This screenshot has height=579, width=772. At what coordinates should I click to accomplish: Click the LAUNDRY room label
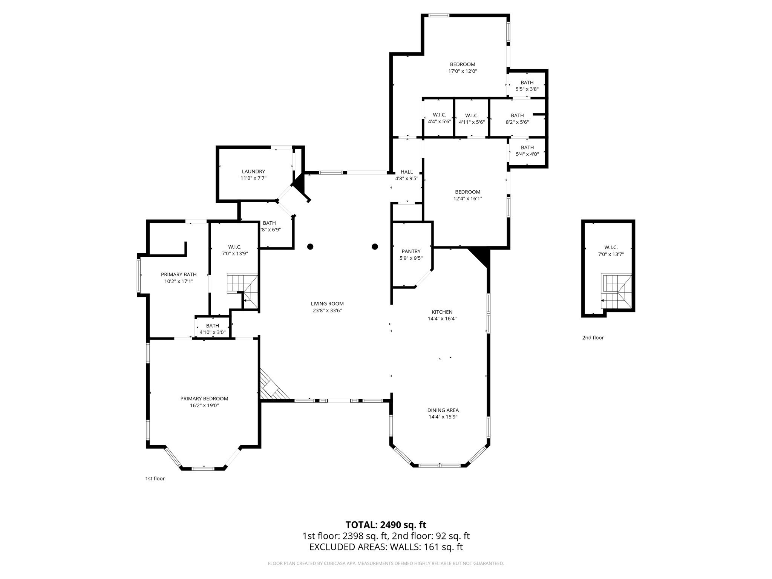(253, 172)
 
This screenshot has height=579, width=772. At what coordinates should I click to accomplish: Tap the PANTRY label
(411, 251)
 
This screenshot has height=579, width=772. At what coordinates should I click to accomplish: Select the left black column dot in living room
(310, 247)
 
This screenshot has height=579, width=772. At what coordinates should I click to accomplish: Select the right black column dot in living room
(375, 247)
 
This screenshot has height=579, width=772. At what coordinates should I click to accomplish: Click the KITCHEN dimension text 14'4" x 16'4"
(442, 319)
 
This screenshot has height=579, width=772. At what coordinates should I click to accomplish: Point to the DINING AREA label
(443, 410)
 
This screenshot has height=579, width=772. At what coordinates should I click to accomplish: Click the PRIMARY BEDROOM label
(204, 398)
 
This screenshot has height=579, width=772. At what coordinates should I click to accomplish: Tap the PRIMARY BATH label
(179, 274)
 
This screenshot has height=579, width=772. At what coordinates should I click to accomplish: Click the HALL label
(407, 172)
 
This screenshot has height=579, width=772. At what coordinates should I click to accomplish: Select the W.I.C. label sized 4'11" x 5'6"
(472, 115)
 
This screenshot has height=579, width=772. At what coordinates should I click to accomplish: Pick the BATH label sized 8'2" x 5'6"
(517, 115)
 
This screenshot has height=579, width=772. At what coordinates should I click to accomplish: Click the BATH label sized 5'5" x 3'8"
(527, 83)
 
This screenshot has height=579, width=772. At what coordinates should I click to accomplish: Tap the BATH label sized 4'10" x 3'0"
(212, 326)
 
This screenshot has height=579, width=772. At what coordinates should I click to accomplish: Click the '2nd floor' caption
(593, 338)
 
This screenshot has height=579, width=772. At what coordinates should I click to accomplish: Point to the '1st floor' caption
(155, 479)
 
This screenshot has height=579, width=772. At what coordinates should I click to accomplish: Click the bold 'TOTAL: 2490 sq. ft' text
(386, 525)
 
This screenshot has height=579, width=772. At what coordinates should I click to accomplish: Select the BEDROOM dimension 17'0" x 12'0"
(463, 71)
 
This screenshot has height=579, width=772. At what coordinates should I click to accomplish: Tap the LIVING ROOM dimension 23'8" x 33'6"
(327, 311)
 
